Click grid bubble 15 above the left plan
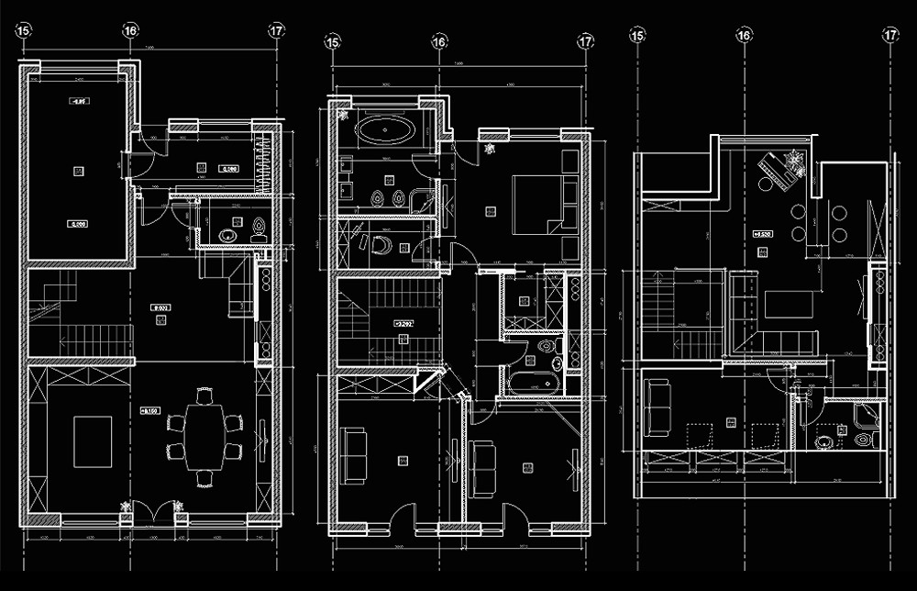(24, 30)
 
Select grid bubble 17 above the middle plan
(586, 41)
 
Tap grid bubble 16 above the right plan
(744, 35)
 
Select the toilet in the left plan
(260, 229)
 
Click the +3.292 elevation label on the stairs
(403, 323)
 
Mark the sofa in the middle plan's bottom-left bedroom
(352, 453)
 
